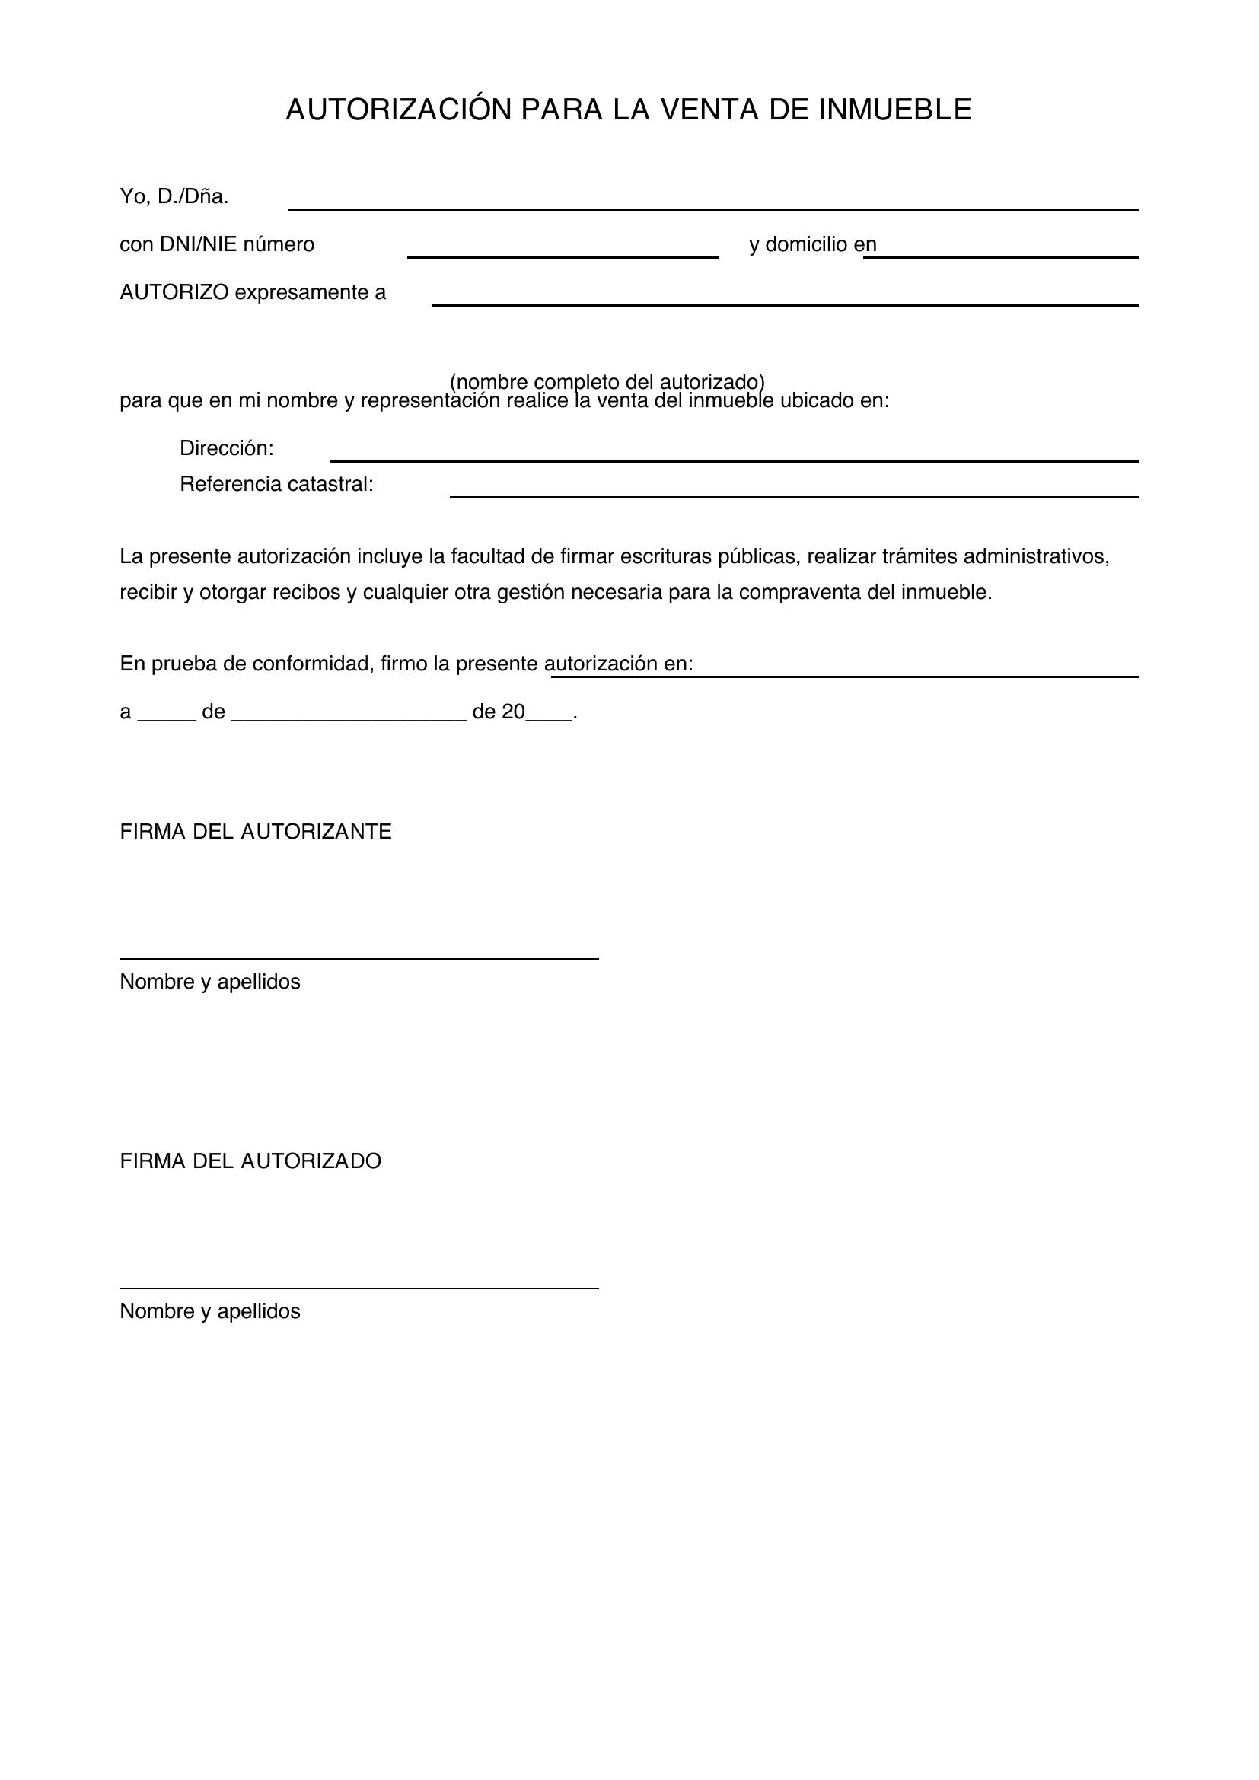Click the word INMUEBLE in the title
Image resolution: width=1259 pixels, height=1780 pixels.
click(894, 110)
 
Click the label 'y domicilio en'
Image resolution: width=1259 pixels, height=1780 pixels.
click(812, 245)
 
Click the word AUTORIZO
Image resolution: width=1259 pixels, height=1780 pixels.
click(174, 293)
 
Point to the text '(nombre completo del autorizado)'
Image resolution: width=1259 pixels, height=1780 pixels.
click(607, 381)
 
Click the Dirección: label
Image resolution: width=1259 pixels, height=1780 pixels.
click(226, 449)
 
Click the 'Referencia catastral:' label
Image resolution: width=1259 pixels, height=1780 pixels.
click(277, 485)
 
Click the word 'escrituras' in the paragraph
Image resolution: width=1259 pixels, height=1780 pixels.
click(668, 556)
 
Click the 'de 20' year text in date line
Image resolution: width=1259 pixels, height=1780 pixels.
click(499, 712)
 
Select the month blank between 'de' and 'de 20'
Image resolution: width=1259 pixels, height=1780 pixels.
click(349, 713)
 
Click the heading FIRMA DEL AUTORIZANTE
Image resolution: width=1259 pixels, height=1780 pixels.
click(256, 832)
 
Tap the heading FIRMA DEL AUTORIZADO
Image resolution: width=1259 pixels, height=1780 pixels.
click(250, 1161)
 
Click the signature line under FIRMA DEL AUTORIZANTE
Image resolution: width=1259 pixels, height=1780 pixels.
click(359, 958)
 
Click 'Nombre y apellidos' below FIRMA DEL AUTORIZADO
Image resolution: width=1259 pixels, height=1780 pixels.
click(210, 1311)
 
